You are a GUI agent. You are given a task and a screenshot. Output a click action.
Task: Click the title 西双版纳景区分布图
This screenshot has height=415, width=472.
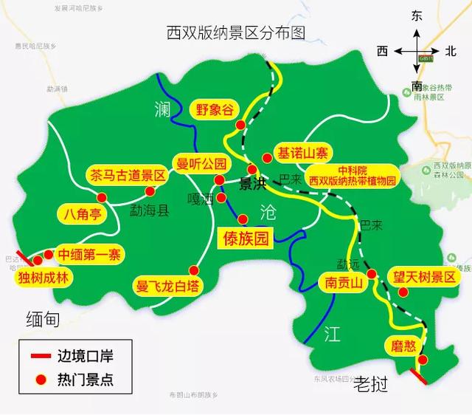[236, 32]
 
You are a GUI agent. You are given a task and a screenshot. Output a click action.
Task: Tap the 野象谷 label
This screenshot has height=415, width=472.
[215, 109]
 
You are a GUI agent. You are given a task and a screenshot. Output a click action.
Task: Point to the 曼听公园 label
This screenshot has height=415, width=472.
[200, 163]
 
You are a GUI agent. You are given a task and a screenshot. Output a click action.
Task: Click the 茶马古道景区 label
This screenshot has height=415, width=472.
[128, 176]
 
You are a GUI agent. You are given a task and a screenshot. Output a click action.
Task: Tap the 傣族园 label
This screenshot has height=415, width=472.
[247, 238]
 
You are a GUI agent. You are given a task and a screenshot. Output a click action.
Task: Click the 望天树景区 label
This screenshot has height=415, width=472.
[425, 277]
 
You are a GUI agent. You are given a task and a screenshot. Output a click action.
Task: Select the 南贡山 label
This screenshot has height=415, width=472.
[341, 282]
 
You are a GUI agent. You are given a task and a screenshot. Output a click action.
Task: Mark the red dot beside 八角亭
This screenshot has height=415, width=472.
[102, 197]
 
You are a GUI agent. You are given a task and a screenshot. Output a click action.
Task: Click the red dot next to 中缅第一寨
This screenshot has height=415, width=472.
[48, 255]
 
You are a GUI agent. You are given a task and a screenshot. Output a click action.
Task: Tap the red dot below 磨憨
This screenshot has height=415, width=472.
[422, 360]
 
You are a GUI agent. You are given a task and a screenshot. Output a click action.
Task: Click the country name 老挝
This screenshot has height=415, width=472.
[371, 384]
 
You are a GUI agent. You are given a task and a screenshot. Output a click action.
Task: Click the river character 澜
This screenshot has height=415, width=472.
[163, 109]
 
